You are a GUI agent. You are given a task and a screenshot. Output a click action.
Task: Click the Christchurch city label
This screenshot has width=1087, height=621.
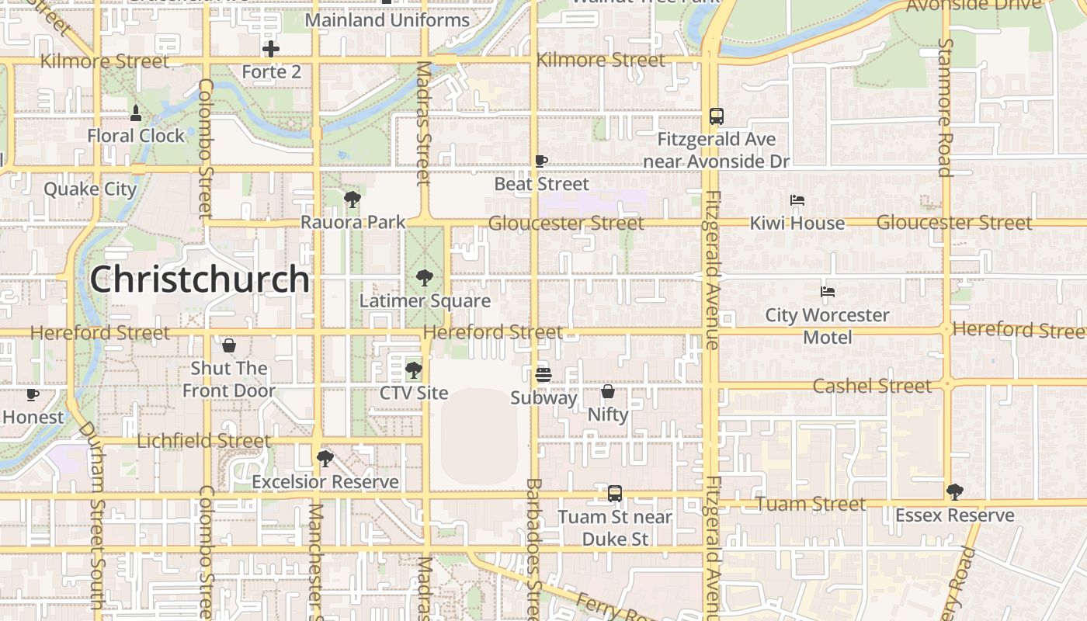(x=200, y=279)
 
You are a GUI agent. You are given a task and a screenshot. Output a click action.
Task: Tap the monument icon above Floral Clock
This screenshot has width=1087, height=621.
(x=136, y=113)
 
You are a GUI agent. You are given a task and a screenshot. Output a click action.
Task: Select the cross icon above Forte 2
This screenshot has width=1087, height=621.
(x=271, y=50)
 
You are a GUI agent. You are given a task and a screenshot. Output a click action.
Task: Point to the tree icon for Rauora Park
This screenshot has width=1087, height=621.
(x=352, y=199)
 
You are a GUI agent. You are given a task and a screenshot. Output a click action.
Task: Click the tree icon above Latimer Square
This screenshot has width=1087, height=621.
(x=425, y=277)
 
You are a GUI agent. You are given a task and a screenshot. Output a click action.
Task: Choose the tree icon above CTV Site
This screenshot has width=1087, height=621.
(x=414, y=369)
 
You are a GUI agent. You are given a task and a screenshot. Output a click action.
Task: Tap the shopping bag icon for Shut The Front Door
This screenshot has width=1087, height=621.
(x=229, y=345)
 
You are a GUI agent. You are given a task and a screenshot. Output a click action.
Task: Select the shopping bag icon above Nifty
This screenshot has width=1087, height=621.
(x=608, y=391)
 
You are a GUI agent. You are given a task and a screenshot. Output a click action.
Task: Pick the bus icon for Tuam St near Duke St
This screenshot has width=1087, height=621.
(x=615, y=494)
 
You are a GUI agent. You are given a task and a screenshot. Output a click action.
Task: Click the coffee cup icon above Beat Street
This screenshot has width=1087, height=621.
(x=542, y=161)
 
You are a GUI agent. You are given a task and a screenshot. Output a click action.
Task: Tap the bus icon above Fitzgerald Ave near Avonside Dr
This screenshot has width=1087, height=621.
(x=717, y=116)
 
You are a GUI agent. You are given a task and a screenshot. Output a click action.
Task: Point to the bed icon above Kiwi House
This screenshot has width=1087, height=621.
(x=797, y=200)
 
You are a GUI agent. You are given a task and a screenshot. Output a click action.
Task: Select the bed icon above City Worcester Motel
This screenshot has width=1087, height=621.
(x=828, y=293)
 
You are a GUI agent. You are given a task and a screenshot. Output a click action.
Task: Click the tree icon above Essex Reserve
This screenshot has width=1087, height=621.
(x=955, y=492)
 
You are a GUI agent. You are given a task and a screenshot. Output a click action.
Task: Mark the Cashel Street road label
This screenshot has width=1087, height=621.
(x=871, y=386)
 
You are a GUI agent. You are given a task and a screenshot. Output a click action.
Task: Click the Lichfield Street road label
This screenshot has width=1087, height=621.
(x=203, y=441)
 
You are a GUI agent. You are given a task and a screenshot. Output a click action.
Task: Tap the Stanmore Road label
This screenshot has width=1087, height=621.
(x=945, y=107)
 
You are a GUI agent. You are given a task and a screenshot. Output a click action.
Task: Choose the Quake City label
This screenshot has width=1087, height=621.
(x=90, y=189)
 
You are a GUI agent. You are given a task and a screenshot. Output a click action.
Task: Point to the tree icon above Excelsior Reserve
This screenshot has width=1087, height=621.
(x=325, y=459)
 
